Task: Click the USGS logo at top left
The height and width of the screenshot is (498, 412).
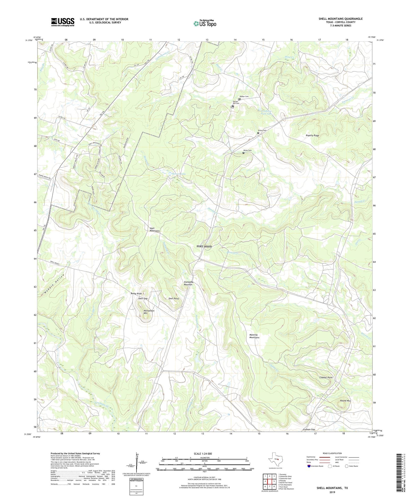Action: [63, 22]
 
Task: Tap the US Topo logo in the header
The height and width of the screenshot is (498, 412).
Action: [205, 23]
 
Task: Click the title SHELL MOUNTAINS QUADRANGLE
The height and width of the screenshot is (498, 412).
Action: [340, 19]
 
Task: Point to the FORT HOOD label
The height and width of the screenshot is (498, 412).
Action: [204, 246]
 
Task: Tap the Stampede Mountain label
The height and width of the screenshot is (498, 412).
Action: [188, 283]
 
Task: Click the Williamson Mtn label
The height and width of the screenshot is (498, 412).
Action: [149, 312]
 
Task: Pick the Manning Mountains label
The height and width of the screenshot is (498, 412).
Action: [254, 336]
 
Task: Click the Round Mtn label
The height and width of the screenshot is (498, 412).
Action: [345, 401]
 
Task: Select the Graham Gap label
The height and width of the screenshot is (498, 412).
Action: [309, 429]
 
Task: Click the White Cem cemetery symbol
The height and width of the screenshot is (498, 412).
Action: [243, 153]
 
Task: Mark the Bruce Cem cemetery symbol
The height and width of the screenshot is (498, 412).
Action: [258, 133]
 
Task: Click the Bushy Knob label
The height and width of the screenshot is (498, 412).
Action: [136, 293]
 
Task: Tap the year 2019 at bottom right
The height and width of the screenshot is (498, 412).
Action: [332, 492]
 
